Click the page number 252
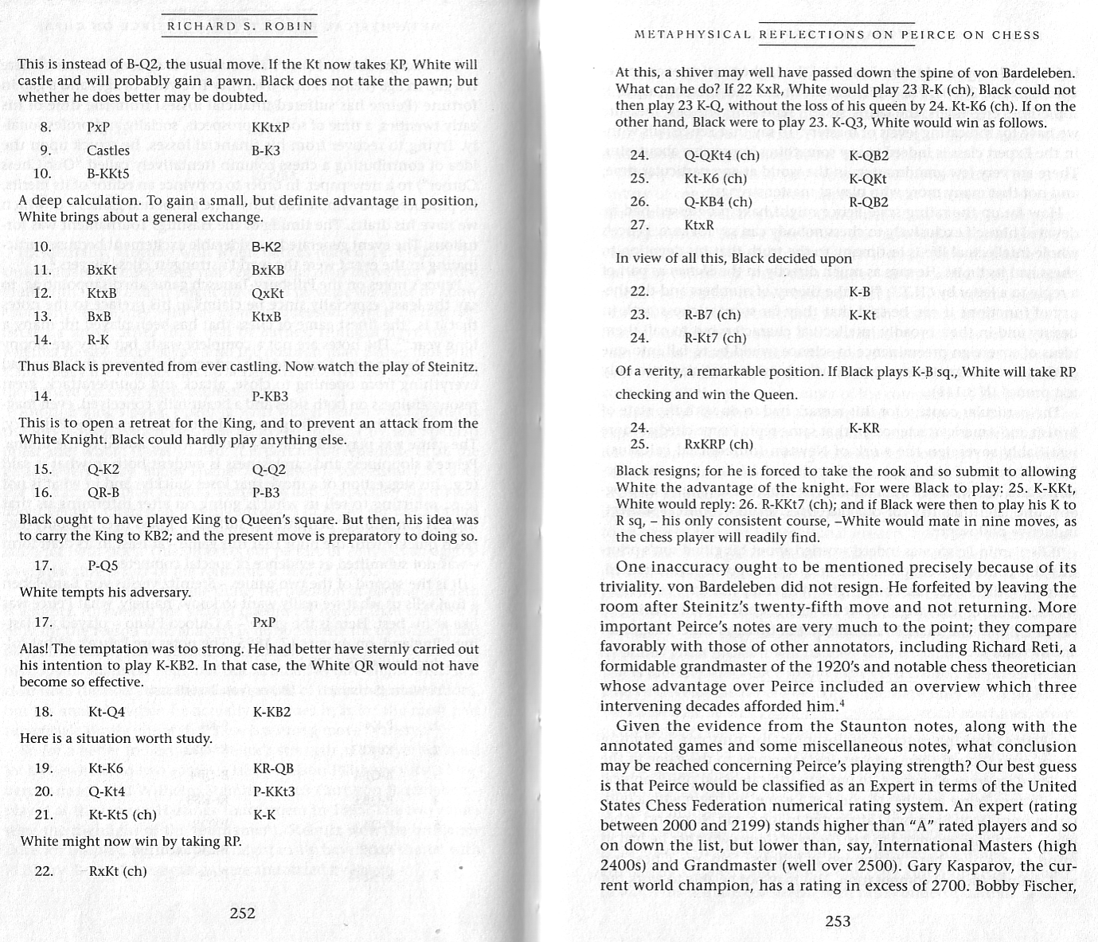tap(242, 913)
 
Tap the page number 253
tap(838, 921)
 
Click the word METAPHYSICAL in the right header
tap(692, 35)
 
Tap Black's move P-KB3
tap(271, 397)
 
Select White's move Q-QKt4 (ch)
tap(721, 156)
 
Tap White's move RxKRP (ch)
tap(718, 444)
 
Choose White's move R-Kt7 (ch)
tap(715, 338)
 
